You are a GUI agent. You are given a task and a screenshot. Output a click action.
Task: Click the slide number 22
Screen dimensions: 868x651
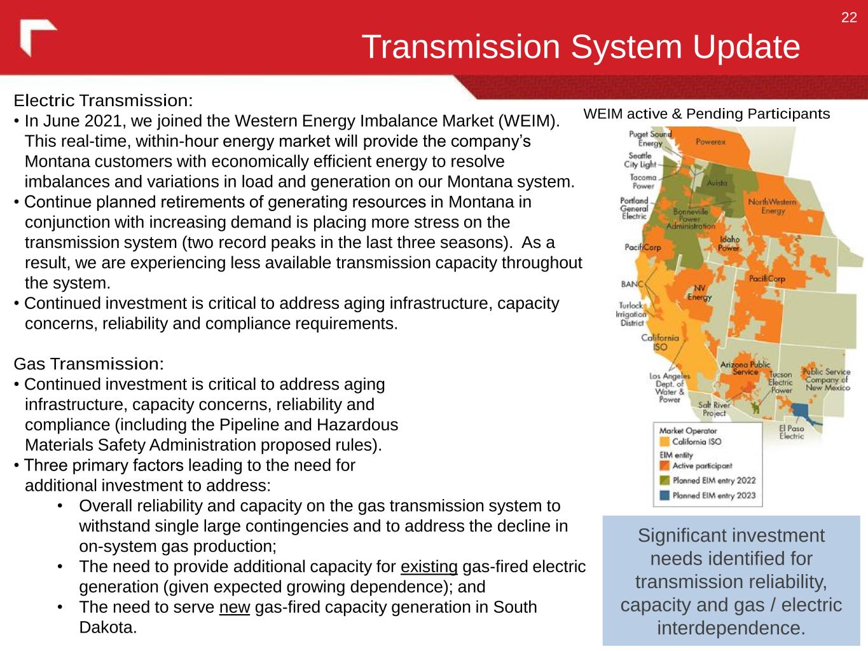[849, 18]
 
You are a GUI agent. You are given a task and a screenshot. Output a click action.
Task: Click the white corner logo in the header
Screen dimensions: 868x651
[38, 37]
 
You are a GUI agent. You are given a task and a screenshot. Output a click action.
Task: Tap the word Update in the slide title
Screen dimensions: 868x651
[746, 47]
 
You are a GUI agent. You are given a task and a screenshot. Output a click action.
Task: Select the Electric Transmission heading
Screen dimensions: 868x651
[103, 100]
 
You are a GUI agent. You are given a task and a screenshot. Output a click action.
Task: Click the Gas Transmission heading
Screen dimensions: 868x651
[88, 364]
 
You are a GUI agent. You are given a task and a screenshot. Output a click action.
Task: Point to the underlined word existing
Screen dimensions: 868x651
[429, 567]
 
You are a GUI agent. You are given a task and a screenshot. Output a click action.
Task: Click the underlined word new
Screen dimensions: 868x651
[235, 607]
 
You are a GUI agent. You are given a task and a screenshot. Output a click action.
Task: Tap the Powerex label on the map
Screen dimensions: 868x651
[710, 142]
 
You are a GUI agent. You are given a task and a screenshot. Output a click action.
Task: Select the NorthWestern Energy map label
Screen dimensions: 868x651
[772, 207]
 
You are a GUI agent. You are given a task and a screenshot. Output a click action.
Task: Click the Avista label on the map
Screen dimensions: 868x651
[717, 183]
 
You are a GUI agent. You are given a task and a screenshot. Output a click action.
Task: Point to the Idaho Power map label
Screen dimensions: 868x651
[729, 244]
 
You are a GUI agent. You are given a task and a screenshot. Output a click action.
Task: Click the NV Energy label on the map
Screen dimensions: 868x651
[699, 293]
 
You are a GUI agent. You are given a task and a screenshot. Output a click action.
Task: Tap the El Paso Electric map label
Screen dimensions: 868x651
[791, 432]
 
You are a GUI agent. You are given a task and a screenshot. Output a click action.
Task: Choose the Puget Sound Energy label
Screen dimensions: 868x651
[650, 139]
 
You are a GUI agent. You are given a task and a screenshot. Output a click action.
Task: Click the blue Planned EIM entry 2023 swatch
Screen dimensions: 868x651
[665, 495]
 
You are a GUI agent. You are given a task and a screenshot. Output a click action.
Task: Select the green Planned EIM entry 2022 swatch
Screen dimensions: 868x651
[665, 480]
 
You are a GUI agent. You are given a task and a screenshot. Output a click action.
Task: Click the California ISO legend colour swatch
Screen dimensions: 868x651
[665, 441]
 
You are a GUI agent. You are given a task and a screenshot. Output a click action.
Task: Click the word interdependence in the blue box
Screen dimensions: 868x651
[731, 628]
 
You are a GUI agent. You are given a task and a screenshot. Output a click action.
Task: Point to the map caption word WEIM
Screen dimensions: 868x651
[603, 114]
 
